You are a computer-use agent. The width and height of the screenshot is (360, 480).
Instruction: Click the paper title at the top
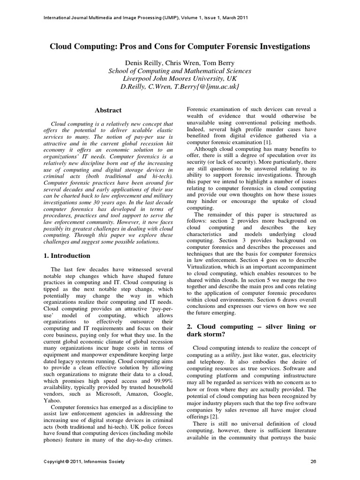click(x=180, y=47)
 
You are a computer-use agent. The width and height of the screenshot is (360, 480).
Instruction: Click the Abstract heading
click(x=108, y=111)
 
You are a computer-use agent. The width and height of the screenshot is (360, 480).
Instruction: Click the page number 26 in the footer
click(x=314, y=462)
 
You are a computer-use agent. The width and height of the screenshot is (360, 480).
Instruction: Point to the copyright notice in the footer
click(x=84, y=462)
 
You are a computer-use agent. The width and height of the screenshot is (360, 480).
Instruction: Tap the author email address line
click(x=180, y=87)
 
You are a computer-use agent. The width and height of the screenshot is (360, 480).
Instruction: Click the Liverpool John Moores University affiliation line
click(x=180, y=79)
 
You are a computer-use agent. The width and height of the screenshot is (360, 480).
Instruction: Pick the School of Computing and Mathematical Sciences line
click(x=180, y=71)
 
